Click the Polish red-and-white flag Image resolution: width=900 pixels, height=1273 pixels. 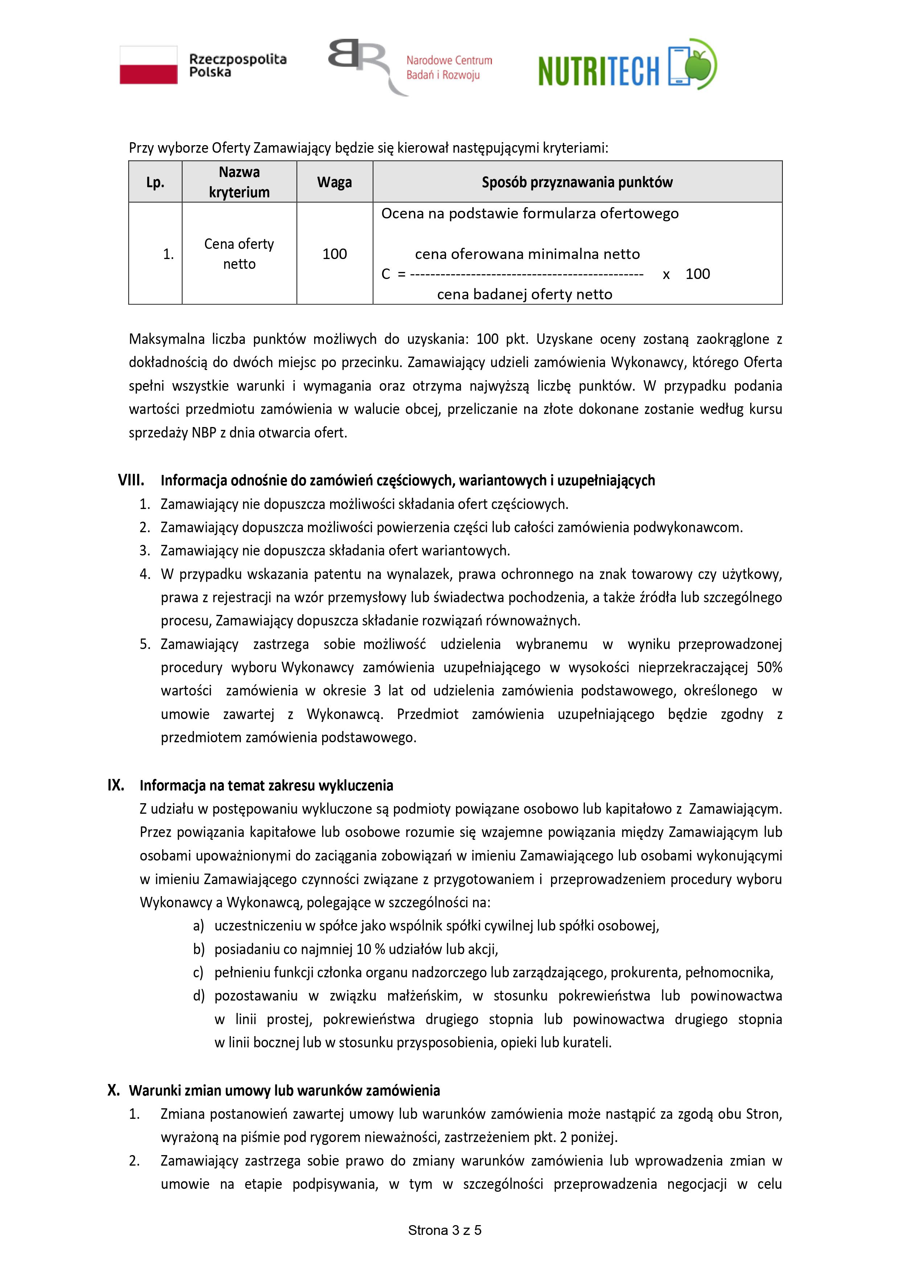(x=149, y=65)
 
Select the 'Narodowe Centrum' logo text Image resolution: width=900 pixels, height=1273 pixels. (x=449, y=61)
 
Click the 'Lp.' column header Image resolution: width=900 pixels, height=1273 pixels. (x=155, y=182)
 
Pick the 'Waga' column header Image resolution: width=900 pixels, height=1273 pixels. (x=334, y=182)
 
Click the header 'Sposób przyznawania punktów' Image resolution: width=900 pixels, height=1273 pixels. (x=577, y=182)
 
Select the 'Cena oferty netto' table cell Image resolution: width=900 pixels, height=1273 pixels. (x=239, y=254)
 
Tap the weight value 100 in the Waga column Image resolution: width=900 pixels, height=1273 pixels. (x=334, y=254)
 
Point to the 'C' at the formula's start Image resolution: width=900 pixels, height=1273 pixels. (x=386, y=274)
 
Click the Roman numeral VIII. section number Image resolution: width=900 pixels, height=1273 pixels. (x=131, y=480)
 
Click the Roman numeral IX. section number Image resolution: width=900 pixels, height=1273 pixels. (x=116, y=785)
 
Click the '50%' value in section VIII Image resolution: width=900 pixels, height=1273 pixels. (x=769, y=668)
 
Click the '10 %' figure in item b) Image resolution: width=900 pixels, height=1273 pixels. (x=371, y=949)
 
